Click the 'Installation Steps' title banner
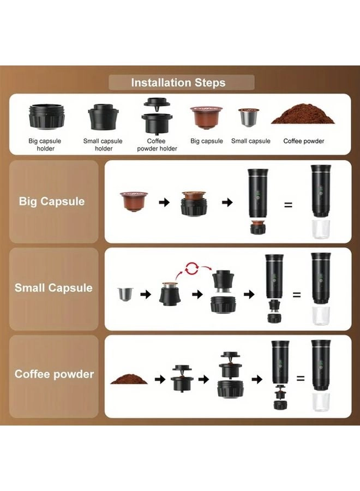point(181,82)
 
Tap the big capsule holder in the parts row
point(47,116)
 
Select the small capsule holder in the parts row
point(103,117)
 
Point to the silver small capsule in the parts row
point(249,117)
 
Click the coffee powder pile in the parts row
point(303,113)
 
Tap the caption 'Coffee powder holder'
point(157,145)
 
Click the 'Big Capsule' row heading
point(52,201)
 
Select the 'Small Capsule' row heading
point(53,288)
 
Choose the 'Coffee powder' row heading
point(54,374)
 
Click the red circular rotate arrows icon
point(191,268)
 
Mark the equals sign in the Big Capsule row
point(288,205)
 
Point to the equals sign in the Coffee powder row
point(301,379)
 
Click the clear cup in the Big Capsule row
point(321,229)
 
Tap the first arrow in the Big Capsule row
point(164,202)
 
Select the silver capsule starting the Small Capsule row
point(125,294)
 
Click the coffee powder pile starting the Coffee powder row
point(129,379)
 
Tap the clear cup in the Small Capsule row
point(321,316)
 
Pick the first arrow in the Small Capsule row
point(146,295)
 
